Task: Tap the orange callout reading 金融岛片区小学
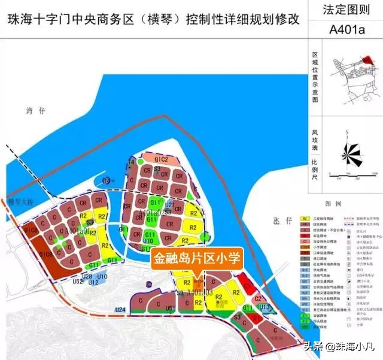(x=197, y=259)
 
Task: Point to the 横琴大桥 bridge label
(x=20, y=202)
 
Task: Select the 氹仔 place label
(x=281, y=221)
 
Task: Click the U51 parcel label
(x=171, y=308)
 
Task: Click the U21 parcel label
(x=170, y=205)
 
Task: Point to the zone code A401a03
(x=199, y=292)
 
